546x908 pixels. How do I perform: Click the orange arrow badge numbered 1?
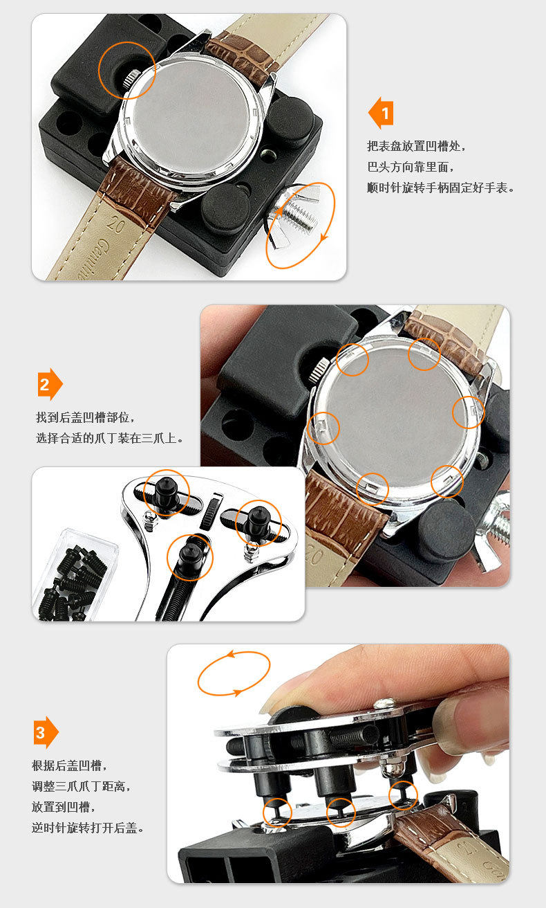(381, 113)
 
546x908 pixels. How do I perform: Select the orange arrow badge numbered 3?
(46, 732)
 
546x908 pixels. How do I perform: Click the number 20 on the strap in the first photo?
(115, 224)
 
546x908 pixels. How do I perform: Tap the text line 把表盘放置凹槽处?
(416, 146)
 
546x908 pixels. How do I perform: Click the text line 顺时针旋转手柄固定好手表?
(440, 188)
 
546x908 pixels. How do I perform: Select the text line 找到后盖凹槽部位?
(86, 417)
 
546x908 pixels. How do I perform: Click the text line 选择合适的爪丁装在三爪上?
(110, 438)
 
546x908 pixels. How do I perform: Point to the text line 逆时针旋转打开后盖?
(88, 827)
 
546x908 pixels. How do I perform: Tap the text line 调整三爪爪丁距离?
(81, 786)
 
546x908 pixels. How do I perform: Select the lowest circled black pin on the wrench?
(189, 556)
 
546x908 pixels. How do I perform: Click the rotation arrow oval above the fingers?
(234, 673)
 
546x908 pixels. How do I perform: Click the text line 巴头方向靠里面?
(411, 167)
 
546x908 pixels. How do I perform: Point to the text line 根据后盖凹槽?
(69, 765)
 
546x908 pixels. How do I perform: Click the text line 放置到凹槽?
(63, 807)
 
